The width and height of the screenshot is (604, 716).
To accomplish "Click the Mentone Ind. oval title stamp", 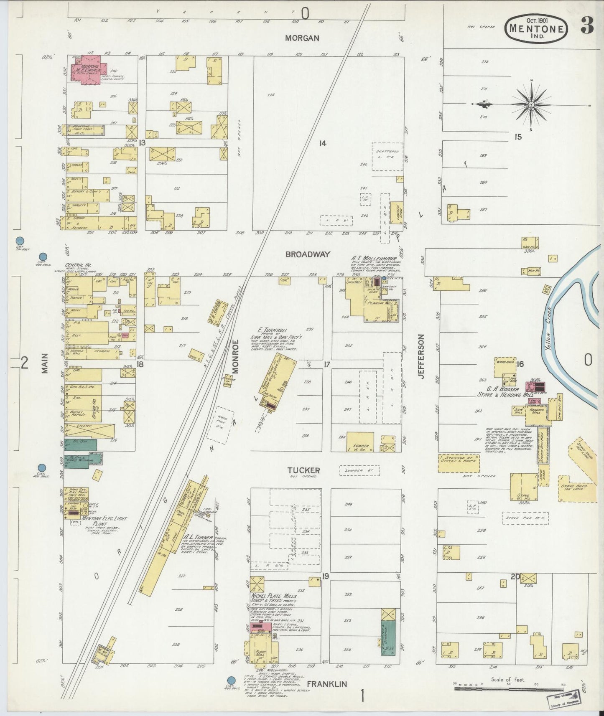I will [537, 28].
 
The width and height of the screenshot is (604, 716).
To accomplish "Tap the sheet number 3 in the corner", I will [587, 27].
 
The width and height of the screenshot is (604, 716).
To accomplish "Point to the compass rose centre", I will [531, 104].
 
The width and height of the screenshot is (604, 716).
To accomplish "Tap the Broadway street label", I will [308, 254].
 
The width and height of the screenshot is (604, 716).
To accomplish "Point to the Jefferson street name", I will [421, 356].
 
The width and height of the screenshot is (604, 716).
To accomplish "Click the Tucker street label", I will [303, 470].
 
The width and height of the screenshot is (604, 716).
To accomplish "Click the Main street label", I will [45, 363].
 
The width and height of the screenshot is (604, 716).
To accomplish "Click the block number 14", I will [322, 143].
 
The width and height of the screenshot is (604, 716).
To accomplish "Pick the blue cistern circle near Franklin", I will [230, 680].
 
